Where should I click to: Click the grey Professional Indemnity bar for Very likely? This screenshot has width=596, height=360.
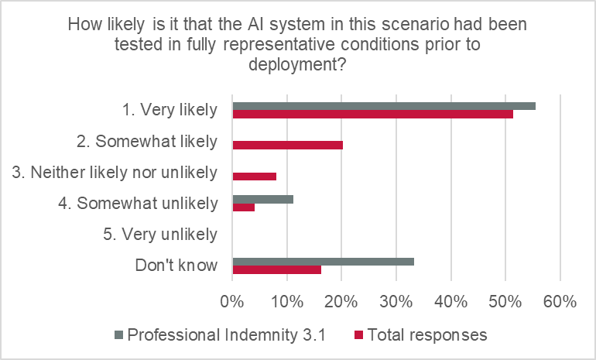(x=384, y=105)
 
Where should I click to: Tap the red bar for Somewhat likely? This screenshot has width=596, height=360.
(x=287, y=145)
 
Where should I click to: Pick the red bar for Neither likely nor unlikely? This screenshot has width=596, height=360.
(x=254, y=176)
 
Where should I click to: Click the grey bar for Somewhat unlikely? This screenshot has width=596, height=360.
(x=262, y=199)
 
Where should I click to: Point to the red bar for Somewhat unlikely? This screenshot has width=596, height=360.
(x=243, y=207)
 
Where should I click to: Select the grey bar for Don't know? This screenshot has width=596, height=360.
(x=323, y=262)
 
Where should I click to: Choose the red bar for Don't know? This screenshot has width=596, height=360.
(x=276, y=270)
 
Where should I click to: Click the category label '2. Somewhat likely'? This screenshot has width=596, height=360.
(x=158, y=142)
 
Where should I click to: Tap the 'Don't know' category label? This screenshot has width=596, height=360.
(x=176, y=266)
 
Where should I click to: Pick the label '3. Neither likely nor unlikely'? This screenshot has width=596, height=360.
(x=115, y=173)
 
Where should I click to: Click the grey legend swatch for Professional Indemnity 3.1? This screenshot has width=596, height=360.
(x=118, y=335)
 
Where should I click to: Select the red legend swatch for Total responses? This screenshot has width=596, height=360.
(x=358, y=335)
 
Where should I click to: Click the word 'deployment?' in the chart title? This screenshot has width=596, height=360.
(x=297, y=65)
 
